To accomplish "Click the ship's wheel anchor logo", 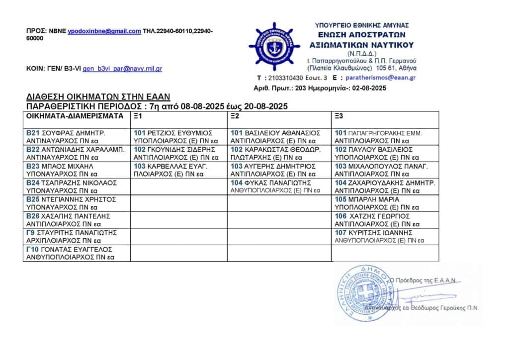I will point(274,47).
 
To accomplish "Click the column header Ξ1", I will point(138,116).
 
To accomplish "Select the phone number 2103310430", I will point(285,78).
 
